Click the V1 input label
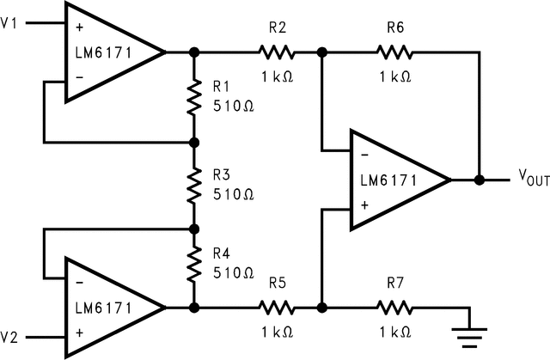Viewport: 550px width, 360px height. point(9,23)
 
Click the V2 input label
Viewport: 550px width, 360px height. point(9,335)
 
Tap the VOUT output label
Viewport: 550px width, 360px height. point(530,177)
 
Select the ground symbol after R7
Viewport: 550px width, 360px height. point(468,325)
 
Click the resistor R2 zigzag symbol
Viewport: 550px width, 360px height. point(276,53)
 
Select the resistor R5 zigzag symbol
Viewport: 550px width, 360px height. point(276,307)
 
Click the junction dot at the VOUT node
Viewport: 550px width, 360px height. point(480,180)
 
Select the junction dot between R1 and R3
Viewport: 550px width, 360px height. point(193,142)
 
